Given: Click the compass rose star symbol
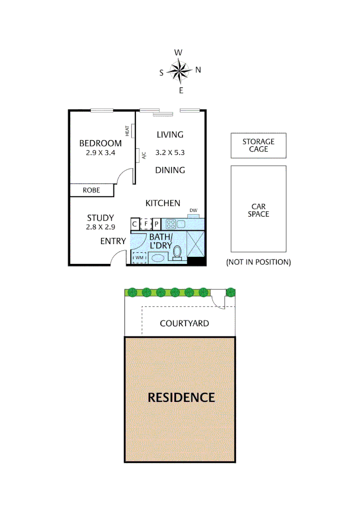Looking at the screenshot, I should (x=179, y=71).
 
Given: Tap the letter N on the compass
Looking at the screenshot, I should (x=198, y=70).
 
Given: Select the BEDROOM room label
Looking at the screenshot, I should (x=100, y=143).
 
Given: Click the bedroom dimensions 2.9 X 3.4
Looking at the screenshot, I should (x=100, y=153).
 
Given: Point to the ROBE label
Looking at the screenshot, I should (x=91, y=190).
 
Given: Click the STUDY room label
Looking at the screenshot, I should (x=100, y=218).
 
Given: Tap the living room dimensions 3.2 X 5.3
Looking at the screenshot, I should (x=170, y=153).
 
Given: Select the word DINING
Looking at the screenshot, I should (x=170, y=170).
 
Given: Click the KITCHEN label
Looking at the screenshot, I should (x=162, y=203).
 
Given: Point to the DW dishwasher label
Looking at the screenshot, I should (x=193, y=211).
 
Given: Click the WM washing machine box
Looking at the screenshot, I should (x=139, y=258).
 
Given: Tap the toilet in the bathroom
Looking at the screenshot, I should (x=178, y=253).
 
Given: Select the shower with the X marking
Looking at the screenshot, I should (x=196, y=244).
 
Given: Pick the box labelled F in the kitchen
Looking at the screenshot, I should (x=146, y=224).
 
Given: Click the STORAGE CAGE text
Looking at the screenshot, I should (x=258, y=145).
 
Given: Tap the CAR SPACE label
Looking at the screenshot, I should (x=259, y=210).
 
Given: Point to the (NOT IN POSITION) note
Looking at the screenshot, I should (x=258, y=262).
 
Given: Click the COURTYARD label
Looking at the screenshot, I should (x=184, y=323).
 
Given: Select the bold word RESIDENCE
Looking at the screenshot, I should (x=181, y=397).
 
